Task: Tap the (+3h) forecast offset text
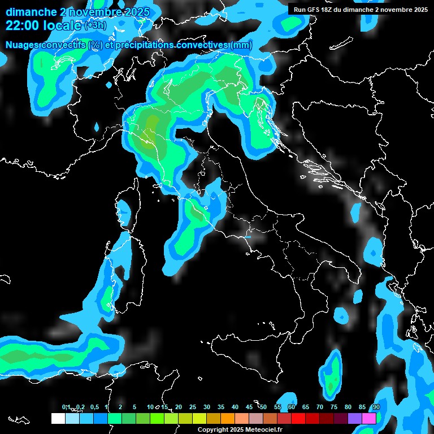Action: tap(95, 25)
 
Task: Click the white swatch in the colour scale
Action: tap(58, 418)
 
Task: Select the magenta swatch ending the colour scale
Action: tap(369, 418)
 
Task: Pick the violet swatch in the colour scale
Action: tap(355, 418)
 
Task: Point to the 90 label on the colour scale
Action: tap(376, 407)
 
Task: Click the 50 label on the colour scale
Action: tap(263, 407)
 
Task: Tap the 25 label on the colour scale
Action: tap(193, 407)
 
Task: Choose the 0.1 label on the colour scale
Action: tap(66, 407)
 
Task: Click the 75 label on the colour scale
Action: tap(334, 407)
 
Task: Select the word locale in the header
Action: tap(62, 25)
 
